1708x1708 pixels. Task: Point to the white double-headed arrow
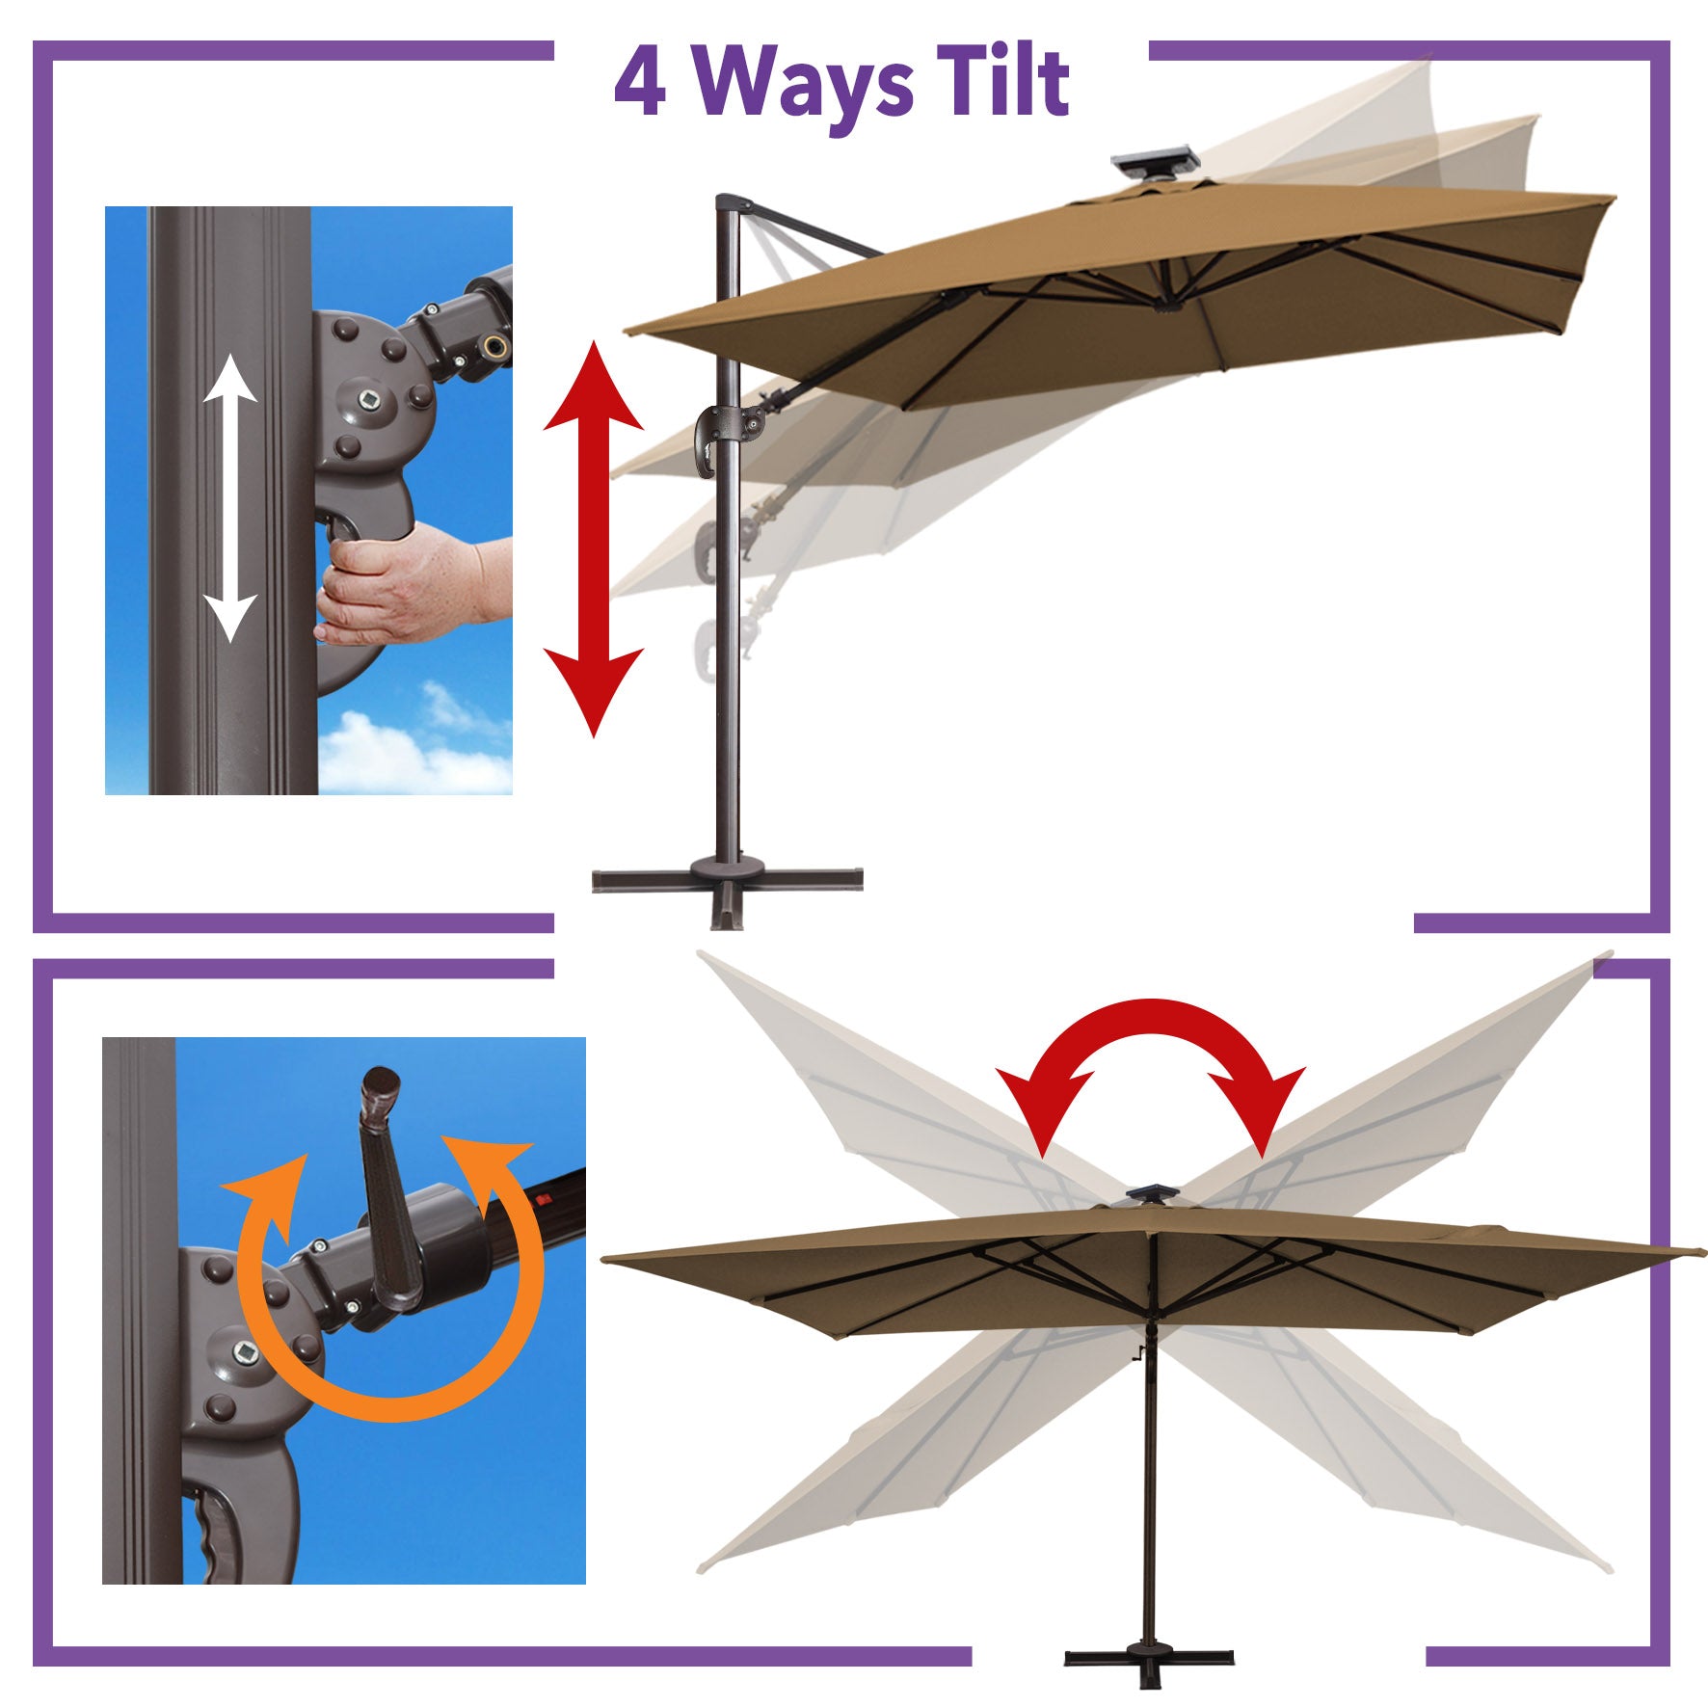point(230,498)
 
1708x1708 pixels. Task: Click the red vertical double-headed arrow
point(594,539)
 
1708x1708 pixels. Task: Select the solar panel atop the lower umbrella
point(1149,1195)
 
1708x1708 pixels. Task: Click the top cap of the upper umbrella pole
point(734,202)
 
